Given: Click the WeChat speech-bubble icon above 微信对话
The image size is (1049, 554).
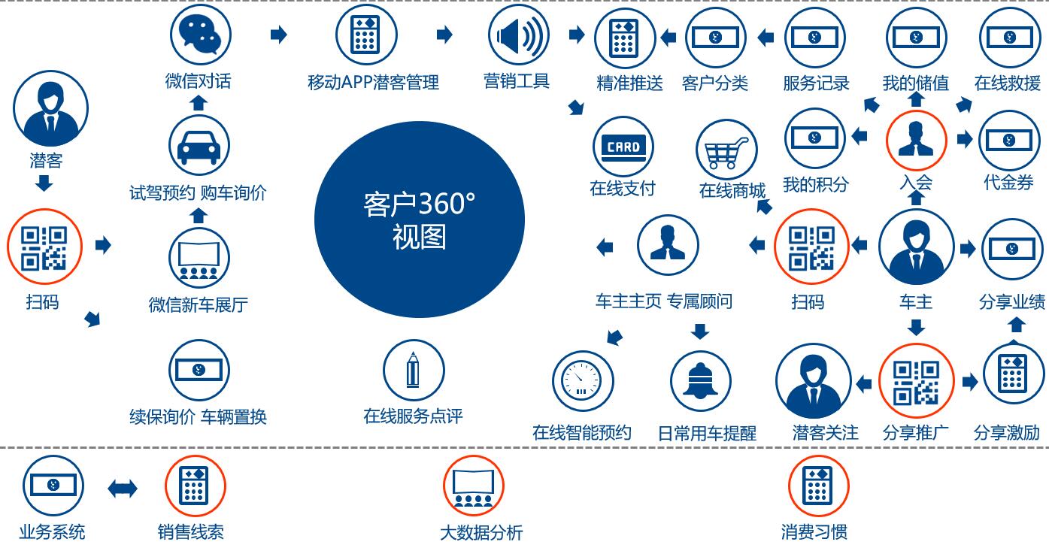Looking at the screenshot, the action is (201, 35).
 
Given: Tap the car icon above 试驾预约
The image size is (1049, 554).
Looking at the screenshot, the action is (199, 145).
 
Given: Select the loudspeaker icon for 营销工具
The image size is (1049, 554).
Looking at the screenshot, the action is (518, 35).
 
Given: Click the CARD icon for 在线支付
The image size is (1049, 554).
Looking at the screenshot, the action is (623, 147).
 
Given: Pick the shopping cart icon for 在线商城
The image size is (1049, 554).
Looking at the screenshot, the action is (727, 150).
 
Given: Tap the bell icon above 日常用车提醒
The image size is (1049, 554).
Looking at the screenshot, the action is (701, 380).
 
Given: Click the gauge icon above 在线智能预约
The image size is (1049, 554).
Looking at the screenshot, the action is (583, 380).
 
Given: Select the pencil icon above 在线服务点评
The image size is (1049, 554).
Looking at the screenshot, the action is (414, 370).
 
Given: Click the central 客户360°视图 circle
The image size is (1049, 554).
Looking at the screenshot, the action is (420, 219).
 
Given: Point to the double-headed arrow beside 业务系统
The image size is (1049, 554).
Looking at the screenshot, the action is (123, 489).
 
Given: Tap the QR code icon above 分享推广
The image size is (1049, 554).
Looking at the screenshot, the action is (916, 380).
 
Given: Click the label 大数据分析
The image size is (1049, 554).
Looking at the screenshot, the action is (481, 532).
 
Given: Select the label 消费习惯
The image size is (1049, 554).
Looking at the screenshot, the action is (814, 532).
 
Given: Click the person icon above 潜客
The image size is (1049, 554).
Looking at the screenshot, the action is (50, 108).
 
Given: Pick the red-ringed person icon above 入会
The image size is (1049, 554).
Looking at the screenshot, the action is (917, 141).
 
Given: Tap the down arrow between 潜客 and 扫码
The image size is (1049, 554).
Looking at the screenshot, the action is (44, 183).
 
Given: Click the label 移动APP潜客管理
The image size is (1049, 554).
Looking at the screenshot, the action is (373, 83).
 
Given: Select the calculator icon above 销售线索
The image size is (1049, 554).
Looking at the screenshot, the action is (196, 486).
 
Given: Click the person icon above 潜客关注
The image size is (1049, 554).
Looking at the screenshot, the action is (814, 380).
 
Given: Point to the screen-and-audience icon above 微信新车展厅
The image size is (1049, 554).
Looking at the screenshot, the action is (199, 258).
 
